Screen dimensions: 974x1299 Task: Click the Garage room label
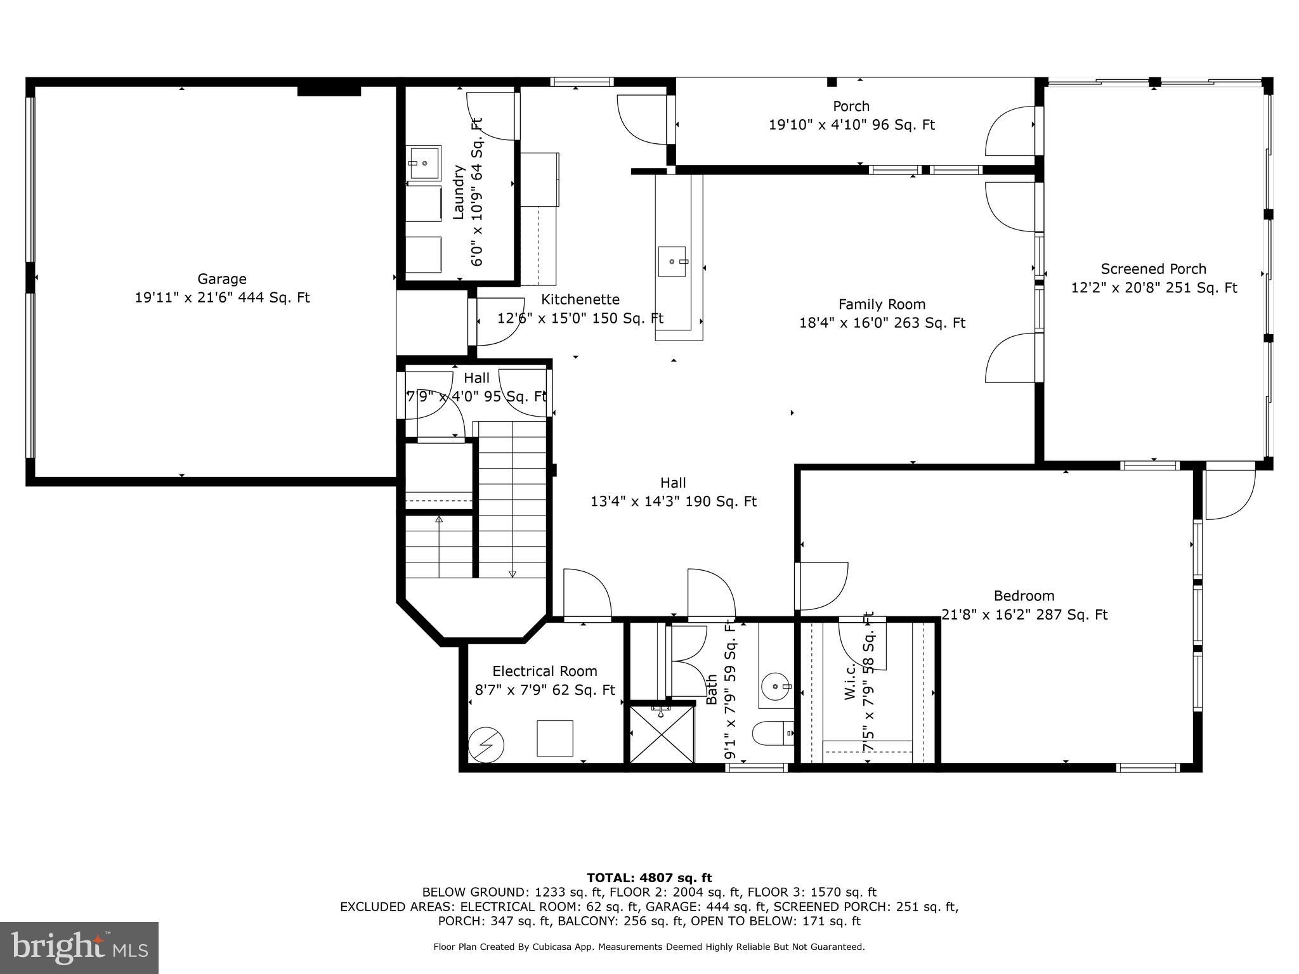click(221, 279)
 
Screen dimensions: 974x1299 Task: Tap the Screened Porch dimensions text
click(1154, 288)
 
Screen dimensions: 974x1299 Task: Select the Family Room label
click(882, 304)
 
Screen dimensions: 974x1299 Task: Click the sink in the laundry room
click(424, 163)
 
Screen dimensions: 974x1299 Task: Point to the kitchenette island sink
click(671, 261)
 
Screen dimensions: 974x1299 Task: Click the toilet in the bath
click(772, 734)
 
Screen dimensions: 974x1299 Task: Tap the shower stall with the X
click(661, 734)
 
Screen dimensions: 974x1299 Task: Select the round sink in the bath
click(776, 686)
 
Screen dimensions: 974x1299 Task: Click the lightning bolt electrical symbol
click(486, 744)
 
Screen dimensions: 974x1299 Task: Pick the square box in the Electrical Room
click(554, 738)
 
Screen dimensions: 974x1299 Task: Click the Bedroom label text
click(1024, 596)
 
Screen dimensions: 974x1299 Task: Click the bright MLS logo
click(79, 947)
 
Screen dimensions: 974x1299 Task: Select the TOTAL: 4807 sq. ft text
click(649, 878)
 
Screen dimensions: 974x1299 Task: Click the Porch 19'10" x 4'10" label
click(851, 116)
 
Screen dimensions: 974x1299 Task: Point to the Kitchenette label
click(580, 299)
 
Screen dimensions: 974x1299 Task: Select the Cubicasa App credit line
click(649, 947)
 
